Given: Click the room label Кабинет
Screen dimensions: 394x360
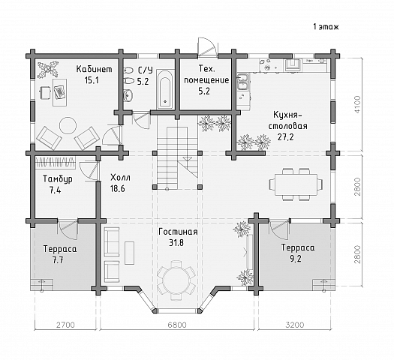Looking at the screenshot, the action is [x=95, y=69].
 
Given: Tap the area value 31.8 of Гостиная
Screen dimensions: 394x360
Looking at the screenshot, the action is [x=176, y=243].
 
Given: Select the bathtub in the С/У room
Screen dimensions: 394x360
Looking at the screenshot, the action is [x=165, y=89].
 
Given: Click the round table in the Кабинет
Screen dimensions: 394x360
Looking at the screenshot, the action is [x=68, y=125].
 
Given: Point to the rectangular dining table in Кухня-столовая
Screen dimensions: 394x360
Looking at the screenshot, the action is [x=296, y=184].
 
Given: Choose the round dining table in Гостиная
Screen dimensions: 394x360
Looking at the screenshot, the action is [x=176, y=280].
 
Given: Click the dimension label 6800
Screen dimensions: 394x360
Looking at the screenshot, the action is [x=177, y=325].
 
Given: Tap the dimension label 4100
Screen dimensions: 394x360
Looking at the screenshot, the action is [x=357, y=104].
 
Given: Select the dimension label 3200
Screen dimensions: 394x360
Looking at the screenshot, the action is [x=294, y=325].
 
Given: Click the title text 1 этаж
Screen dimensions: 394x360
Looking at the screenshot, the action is [x=326, y=26].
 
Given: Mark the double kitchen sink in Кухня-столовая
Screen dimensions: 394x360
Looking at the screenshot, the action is [x=243, y=82].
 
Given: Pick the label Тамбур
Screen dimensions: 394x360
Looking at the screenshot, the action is [x=58, y=179].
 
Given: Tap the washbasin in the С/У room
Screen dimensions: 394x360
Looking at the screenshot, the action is [x=128, y=95].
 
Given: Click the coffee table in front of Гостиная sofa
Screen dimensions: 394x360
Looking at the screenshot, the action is [x=130, y=253].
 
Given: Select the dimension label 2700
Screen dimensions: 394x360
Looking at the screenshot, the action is [x=65, y=325].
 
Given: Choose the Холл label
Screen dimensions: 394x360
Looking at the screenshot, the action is [x=120, y=178].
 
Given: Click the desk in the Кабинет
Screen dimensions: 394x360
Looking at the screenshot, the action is [x=60, y=92].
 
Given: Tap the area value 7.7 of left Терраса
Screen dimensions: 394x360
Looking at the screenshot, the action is [x=58, y=260].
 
